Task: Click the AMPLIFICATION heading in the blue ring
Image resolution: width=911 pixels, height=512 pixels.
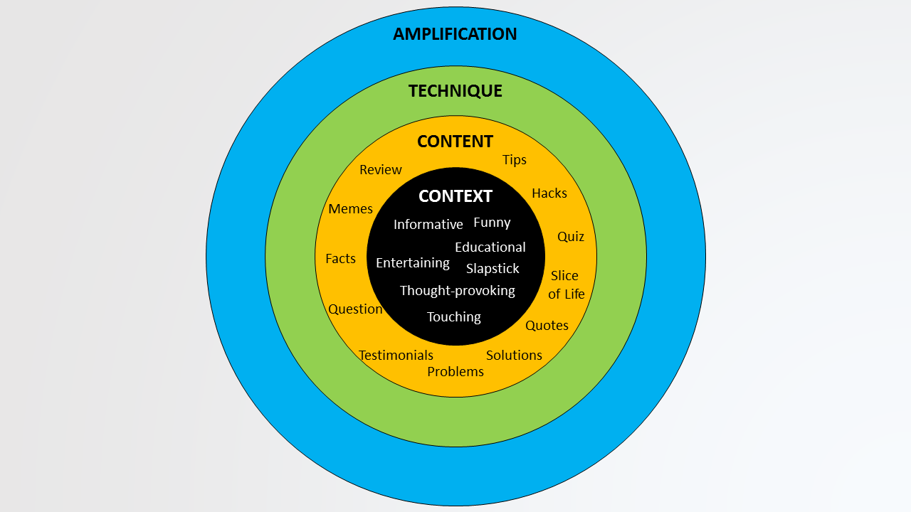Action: tap(455, 34)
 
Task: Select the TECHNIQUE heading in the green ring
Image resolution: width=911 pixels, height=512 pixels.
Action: tap(455, 91)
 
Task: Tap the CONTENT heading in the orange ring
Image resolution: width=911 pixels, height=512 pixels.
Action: tap(455, 142)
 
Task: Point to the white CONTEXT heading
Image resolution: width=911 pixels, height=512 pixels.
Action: tap(455, 196)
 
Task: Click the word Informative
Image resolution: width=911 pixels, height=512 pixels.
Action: tap(428, 225)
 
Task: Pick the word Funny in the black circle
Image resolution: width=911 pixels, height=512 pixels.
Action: tap(492, 223)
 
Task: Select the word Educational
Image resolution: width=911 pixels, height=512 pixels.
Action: tap(490, 247)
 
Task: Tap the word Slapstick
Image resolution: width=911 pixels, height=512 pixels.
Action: tap(493, 269)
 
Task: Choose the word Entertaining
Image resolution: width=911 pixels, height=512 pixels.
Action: tap(412, 263)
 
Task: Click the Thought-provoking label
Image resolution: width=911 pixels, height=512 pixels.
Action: tap(457, 291)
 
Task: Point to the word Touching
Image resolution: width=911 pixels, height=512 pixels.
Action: tap(453, 317)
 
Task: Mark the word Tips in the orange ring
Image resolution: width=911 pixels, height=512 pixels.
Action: tap(514, 160)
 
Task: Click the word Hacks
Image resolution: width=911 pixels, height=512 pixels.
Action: tap(549, 193)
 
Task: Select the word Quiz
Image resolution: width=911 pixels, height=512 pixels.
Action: tap(570, 237)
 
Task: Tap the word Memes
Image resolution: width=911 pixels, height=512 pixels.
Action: tap(350, 209)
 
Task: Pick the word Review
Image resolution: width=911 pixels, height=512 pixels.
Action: tap(380, 170)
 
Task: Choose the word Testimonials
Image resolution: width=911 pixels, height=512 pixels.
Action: tap(396, 356)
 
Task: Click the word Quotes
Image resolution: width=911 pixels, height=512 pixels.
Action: tap(547, 326)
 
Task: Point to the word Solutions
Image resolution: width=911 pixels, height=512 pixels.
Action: tap(514, 356)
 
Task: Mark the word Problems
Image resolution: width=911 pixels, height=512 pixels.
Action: tap(455, 372)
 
